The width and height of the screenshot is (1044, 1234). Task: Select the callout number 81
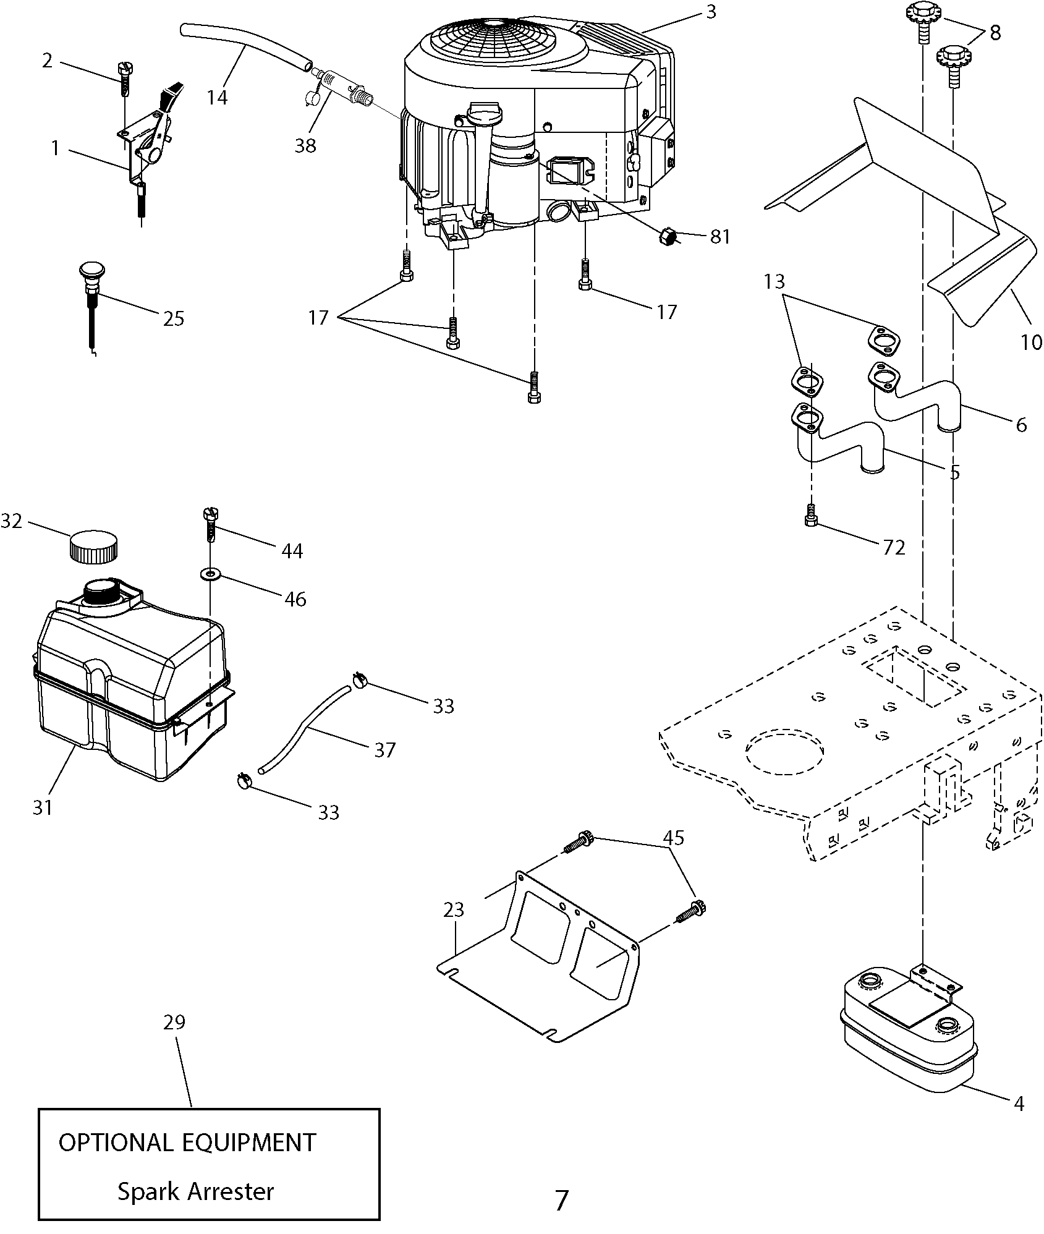pos(720,237)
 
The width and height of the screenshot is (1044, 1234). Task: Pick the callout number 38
pos(305,146)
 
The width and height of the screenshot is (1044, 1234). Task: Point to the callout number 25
pos(174,318)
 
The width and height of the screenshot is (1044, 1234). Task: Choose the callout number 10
pos(1030,342)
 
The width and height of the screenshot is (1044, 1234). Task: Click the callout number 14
pos(217,97)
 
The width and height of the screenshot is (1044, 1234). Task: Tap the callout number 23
pos(454,909)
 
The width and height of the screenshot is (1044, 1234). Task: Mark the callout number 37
pos(384,750)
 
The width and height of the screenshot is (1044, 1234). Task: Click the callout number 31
pos(43,807)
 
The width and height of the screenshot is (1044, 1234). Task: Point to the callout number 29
pos(174,1022)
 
